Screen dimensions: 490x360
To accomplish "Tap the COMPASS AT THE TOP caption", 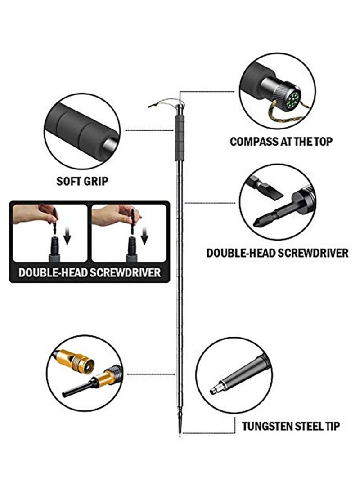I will [x=281, y=141].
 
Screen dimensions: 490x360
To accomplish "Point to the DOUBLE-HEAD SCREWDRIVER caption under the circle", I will [x=277, y=253].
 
